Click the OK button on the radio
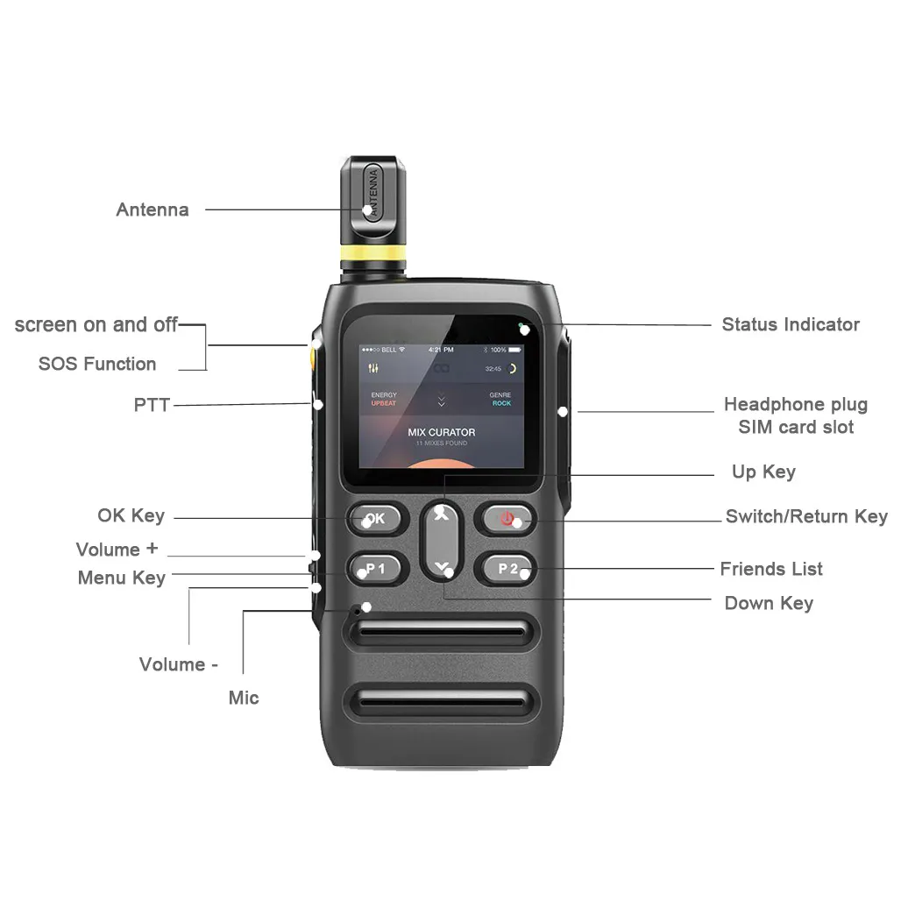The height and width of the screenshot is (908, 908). (x=377, y=518)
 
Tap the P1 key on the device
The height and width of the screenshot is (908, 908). (x=377, y=569)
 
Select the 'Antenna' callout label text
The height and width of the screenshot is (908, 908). (x=153, y=209)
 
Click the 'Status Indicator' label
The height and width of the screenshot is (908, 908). (x=791, y=324)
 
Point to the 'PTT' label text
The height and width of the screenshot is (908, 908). (x=152, y=405)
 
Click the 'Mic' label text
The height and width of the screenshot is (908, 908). (x=244, y=698)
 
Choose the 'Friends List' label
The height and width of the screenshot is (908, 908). (x=771, y=569)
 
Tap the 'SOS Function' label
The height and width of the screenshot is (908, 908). (x=97, y=364)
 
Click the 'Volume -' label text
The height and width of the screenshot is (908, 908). (x=179, y=664)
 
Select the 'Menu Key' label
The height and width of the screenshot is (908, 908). (x=122, y=578)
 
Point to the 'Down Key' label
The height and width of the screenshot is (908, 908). (x=769, y=603)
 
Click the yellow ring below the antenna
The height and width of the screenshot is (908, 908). (x=373, y=254)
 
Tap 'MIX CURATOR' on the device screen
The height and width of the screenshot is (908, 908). (x=442, y=432)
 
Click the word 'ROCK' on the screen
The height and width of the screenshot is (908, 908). (x=501, y=403)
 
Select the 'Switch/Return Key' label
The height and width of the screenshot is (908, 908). (x=806, y=516)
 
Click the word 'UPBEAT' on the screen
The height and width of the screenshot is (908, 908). (x=384, y=403)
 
